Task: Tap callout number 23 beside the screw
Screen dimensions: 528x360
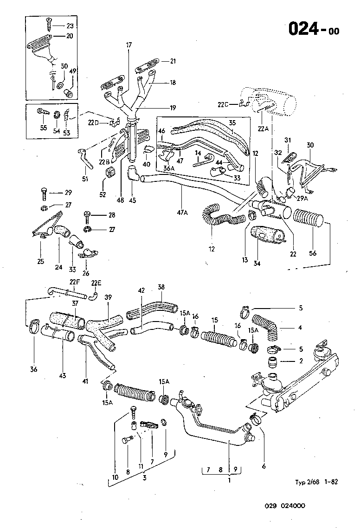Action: pos(70,26)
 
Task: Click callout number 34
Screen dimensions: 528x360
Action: pos(257,264)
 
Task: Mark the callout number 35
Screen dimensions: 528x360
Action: pos(233,123)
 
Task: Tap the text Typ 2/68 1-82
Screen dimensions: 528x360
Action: pos(315,482)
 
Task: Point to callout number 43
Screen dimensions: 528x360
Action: pos(62,369)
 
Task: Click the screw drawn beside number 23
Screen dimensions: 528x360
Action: pos(49,20)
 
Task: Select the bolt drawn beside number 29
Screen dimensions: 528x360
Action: pos(44,193)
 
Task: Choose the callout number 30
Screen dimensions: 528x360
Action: pos(310,145)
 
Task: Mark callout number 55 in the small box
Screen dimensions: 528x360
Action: pos(43,128)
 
